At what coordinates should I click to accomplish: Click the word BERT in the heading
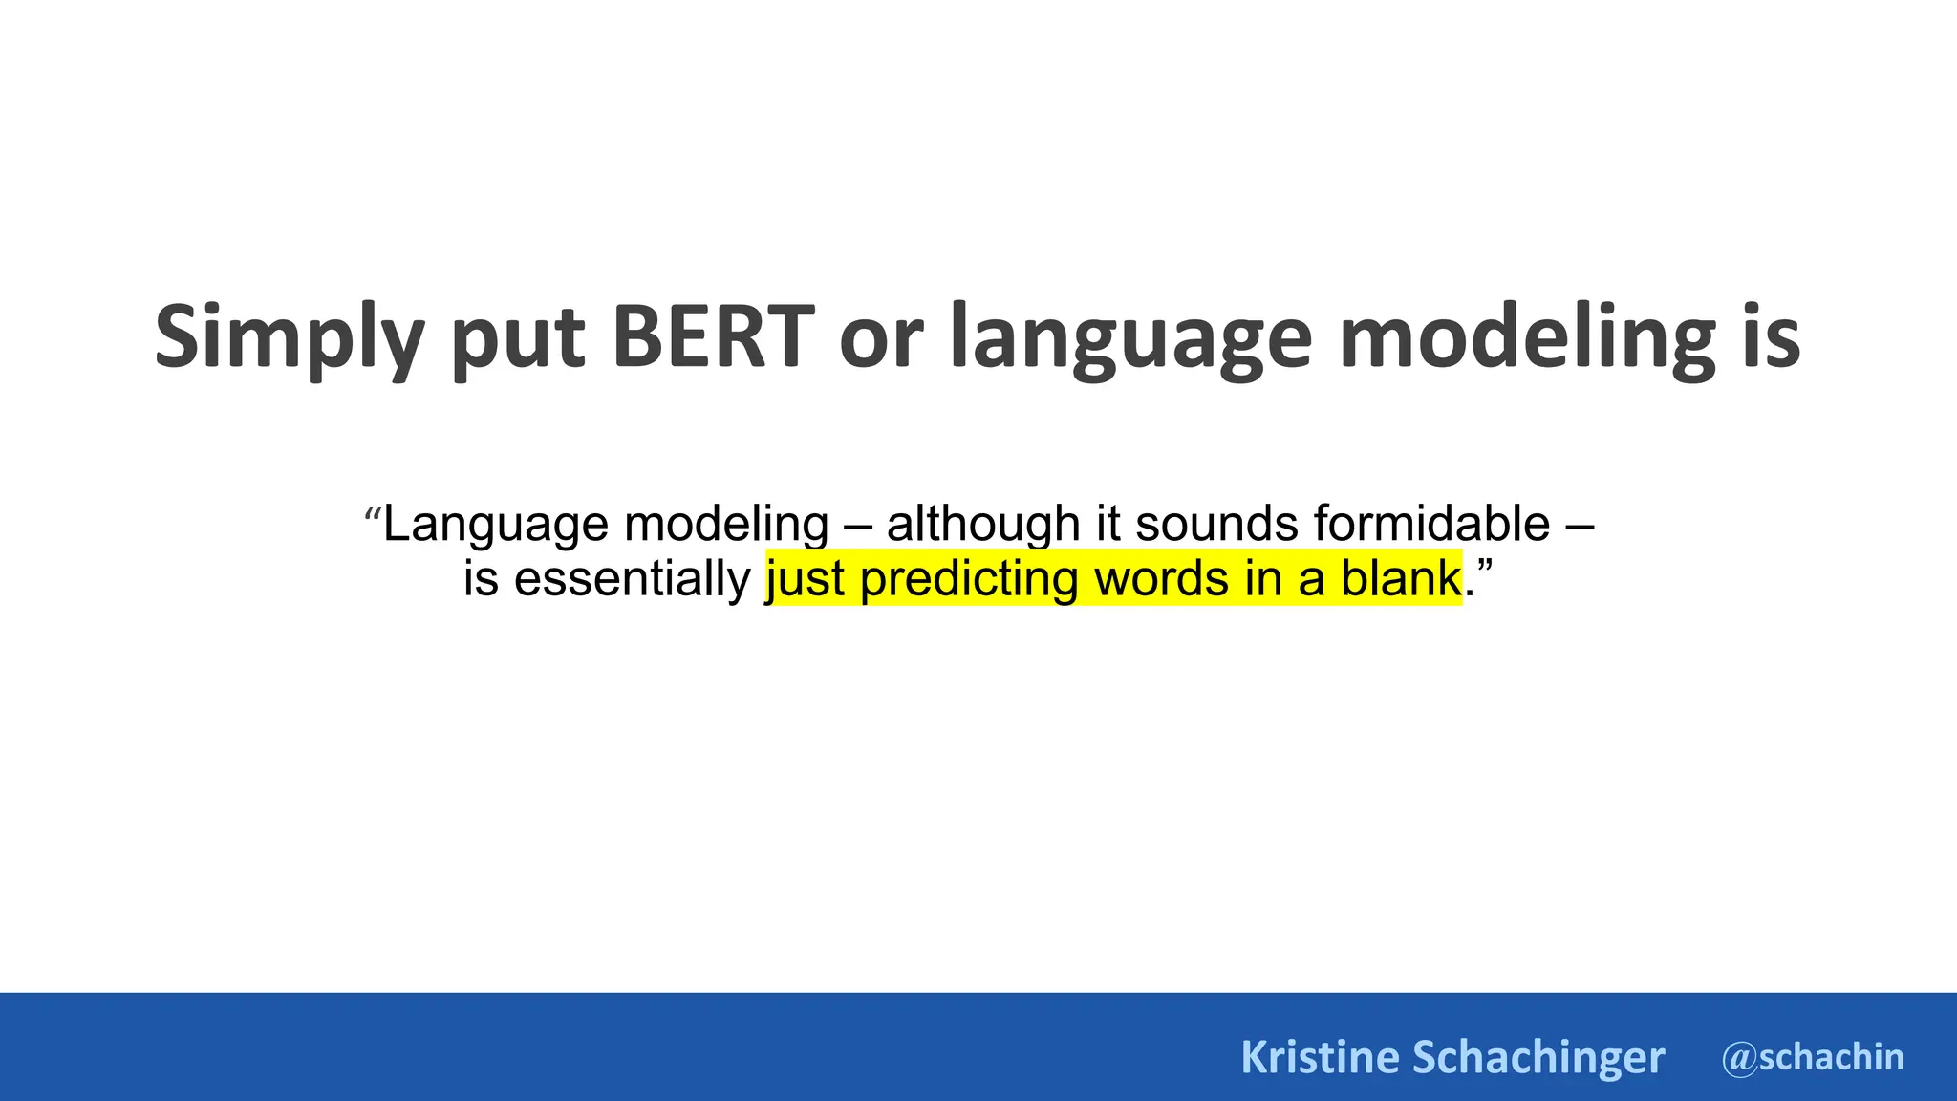[x=713, y=336]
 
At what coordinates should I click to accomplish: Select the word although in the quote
[x=982, y=523]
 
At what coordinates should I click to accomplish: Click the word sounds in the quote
[x=1216, y=523]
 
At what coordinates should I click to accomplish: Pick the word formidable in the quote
[x=1431, y=523]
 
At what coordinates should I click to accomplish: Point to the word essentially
[x=632, y=578]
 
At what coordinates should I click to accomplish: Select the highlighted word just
[x=806, y=579]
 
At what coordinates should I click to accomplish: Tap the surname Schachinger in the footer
[x=1538, y=1057]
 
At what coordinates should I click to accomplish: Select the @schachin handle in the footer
[x=1813, y=1057]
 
